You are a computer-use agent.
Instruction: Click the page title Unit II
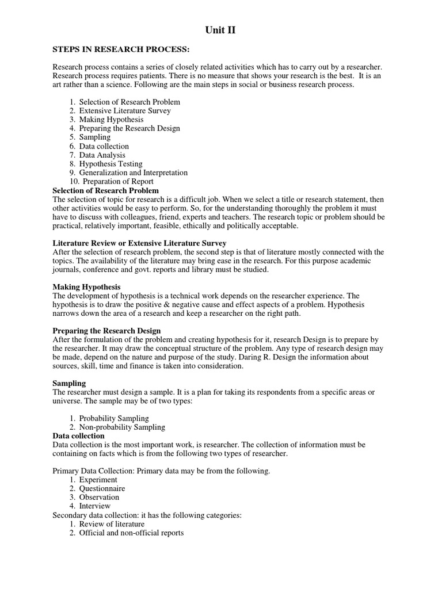220,30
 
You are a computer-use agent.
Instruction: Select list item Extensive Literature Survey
125,110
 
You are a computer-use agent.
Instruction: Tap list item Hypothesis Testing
110,164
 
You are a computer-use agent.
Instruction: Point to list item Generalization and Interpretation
133,173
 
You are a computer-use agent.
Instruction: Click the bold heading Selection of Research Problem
105,190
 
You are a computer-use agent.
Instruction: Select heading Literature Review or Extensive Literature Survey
139,243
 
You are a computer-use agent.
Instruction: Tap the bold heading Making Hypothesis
86,287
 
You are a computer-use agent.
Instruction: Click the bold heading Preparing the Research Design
106,331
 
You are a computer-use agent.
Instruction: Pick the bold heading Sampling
69,383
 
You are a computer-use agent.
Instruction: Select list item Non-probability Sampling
122,427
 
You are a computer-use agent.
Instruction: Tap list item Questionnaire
102,488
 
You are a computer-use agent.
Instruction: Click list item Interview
95,506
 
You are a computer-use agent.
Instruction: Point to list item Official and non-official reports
131,533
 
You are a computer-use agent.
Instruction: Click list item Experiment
98,480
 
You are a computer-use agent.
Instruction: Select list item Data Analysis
102,155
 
